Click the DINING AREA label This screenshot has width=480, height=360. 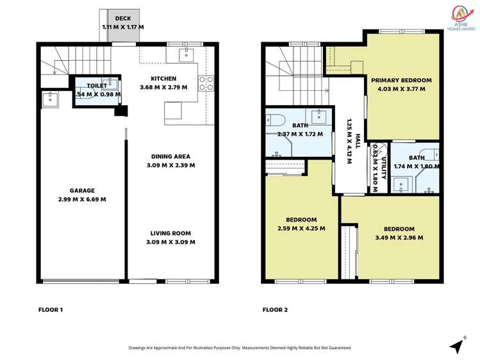[170, 156]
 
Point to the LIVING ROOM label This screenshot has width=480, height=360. [170, 233]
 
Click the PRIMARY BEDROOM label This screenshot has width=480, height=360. [401, 80]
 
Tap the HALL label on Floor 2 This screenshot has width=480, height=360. [358, 141]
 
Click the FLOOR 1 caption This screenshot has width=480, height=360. [51, 310]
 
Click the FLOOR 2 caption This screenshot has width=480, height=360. [275, 310]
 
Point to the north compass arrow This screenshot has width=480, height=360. [456, 347]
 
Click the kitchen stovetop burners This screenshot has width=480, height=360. [206, 83]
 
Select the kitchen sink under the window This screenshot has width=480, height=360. [186, 54]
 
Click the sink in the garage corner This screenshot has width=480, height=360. [49, 99]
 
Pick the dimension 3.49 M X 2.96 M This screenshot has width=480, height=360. [399, 238]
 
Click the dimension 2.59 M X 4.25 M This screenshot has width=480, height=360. [301, 229]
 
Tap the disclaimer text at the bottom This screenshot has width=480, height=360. [240, 347]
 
